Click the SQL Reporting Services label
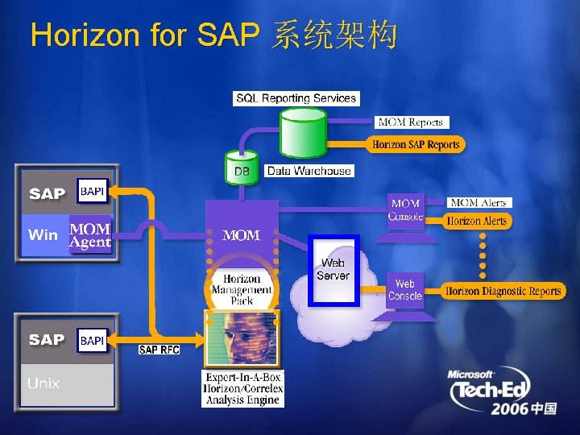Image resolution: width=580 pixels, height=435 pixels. (x=296, y=98)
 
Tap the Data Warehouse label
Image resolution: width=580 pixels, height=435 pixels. (x=309, y=171)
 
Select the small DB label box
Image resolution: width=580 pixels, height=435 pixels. (x=242, y=171)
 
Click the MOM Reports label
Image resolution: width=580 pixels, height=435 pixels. (x=411, y=122)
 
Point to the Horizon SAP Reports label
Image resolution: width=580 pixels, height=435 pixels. (x=416, y=145)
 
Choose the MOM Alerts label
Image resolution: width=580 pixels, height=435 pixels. (x=479, y=203)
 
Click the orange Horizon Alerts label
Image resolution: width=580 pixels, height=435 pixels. (x=477, y=221)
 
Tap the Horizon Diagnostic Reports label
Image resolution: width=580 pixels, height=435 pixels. (x=503, y=292)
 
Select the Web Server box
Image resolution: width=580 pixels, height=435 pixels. (x=333, y=270)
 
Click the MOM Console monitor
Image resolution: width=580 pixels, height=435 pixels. (x=405, y=210)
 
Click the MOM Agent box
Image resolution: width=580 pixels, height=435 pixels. (x=90, y=234)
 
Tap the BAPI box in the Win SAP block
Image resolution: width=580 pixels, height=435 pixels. (x=92, y=192)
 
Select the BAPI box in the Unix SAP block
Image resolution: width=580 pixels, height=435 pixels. (x=92, y=340)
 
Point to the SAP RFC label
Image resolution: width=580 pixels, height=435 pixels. (x=159, y=350)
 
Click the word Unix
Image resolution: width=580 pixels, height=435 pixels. (x=43, y=383)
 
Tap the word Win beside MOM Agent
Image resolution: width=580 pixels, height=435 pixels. (x=43, y=234)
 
